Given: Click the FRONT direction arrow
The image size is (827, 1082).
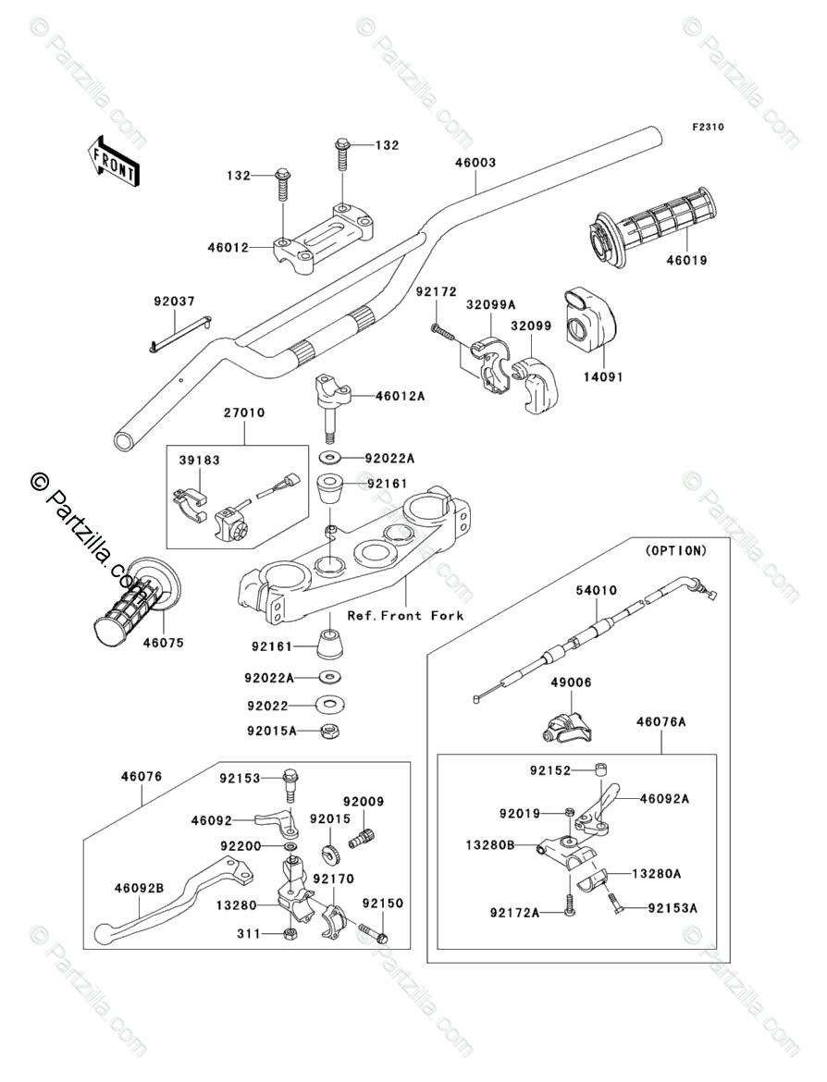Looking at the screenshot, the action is click(113, 161).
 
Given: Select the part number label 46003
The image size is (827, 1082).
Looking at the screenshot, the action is click(475, 163).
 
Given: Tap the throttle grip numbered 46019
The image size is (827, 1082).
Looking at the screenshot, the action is click(651, 225).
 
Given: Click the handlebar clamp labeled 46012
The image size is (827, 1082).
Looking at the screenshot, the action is click(325, 240).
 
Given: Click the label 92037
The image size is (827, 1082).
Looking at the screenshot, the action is click(174, 301).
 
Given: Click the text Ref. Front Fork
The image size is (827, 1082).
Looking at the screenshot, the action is click(405, 616).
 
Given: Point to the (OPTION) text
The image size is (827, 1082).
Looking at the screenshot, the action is click(676, 550).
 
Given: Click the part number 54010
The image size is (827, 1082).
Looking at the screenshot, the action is click(597, 590).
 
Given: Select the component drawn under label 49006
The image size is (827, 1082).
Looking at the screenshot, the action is click(567, 727).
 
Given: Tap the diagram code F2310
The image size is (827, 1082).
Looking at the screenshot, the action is click(709, 127).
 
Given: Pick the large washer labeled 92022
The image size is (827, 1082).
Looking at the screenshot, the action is click(329, 705).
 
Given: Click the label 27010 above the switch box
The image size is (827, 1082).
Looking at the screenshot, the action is click(243, 412).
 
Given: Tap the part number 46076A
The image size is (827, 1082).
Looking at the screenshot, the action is click(660, 721).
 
